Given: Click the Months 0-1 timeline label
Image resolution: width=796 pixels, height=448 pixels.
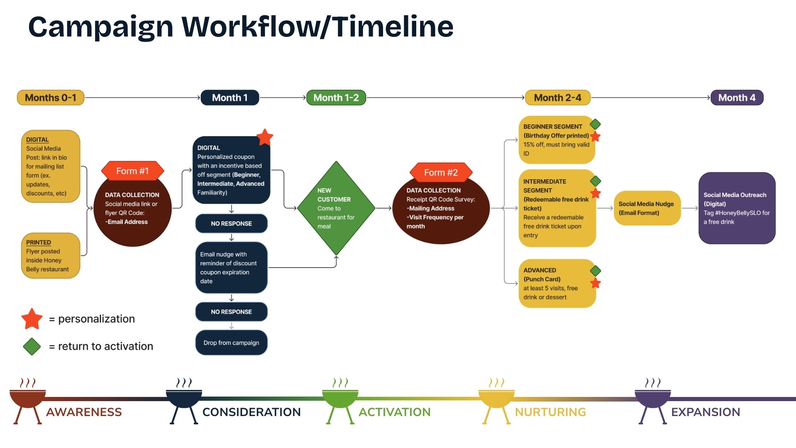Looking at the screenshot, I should tap(51, 98).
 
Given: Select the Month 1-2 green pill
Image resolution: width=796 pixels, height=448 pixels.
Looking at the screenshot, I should tap(336, 98).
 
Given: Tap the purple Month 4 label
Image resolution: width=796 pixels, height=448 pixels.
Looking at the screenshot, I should tap(737, 98).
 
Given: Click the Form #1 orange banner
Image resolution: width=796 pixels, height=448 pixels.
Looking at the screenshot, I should tap(132, 171).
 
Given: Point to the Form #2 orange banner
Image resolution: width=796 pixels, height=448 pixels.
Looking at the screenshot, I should tap(441, 173).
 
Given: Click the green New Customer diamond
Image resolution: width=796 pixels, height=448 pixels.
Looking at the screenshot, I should tap(336, 208).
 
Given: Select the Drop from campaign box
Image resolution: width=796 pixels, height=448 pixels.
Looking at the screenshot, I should tap(231, 343).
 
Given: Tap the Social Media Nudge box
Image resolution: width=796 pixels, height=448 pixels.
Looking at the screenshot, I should tap(647, 208).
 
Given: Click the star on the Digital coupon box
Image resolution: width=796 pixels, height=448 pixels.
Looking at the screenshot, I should tap(265, 137).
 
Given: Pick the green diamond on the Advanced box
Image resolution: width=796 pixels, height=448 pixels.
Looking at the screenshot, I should tap(595, 271).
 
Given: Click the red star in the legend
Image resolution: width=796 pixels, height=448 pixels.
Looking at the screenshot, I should tap(32, 319).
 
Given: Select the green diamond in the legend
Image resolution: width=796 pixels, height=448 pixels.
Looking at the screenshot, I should tap(32, 346).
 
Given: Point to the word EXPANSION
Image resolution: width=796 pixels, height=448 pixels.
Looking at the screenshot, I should tap(705, 412).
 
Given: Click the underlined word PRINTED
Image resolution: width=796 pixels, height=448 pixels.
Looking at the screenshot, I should tap(39, 242).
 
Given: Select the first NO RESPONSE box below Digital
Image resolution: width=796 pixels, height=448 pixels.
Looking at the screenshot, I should tap(231, 224).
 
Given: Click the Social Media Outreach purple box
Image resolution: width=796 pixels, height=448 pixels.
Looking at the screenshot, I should tap(737, 208).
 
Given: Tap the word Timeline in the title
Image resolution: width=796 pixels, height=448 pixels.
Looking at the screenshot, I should tap(393, 27).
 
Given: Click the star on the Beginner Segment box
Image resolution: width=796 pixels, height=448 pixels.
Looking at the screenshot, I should tap(595, 136).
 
